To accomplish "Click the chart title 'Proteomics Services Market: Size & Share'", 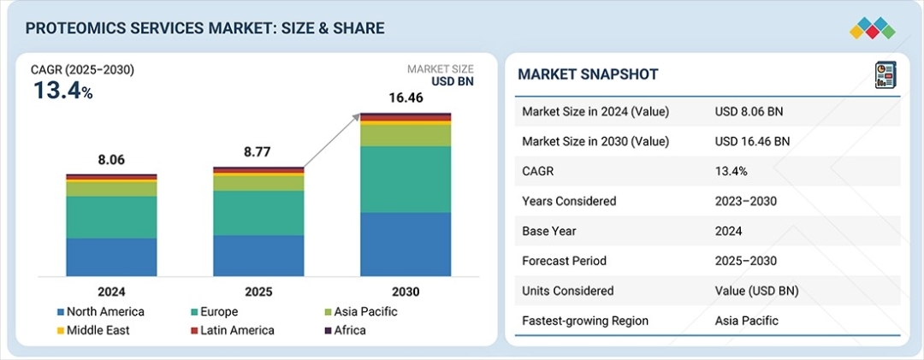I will click(x=204, y=28).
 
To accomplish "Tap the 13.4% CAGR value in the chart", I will click(x=62, y=91).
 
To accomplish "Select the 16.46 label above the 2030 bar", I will click(x=406, y=98).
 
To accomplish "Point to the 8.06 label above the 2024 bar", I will click(x=111, y=160).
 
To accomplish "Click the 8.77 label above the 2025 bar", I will click(x=258, y=152).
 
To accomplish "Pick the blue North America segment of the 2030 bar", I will click(x=406, y=245).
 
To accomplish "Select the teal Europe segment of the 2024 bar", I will click(x=111, y=217).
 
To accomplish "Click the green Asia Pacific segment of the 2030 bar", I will click(x=406, y=136).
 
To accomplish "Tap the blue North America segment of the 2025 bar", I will click(x=258, y=256).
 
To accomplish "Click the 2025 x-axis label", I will click(x=258, y=292).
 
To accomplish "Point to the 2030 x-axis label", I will click(x=406, y=292).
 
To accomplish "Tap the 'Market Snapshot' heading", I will click(x=588, y=74).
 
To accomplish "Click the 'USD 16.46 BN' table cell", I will click(x=752, y=141).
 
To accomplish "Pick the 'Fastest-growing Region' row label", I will click(x=585, y=321).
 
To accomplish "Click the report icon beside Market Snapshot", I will click(x=884, y=75).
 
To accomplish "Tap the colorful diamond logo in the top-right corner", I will click(x=872, y=27).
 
